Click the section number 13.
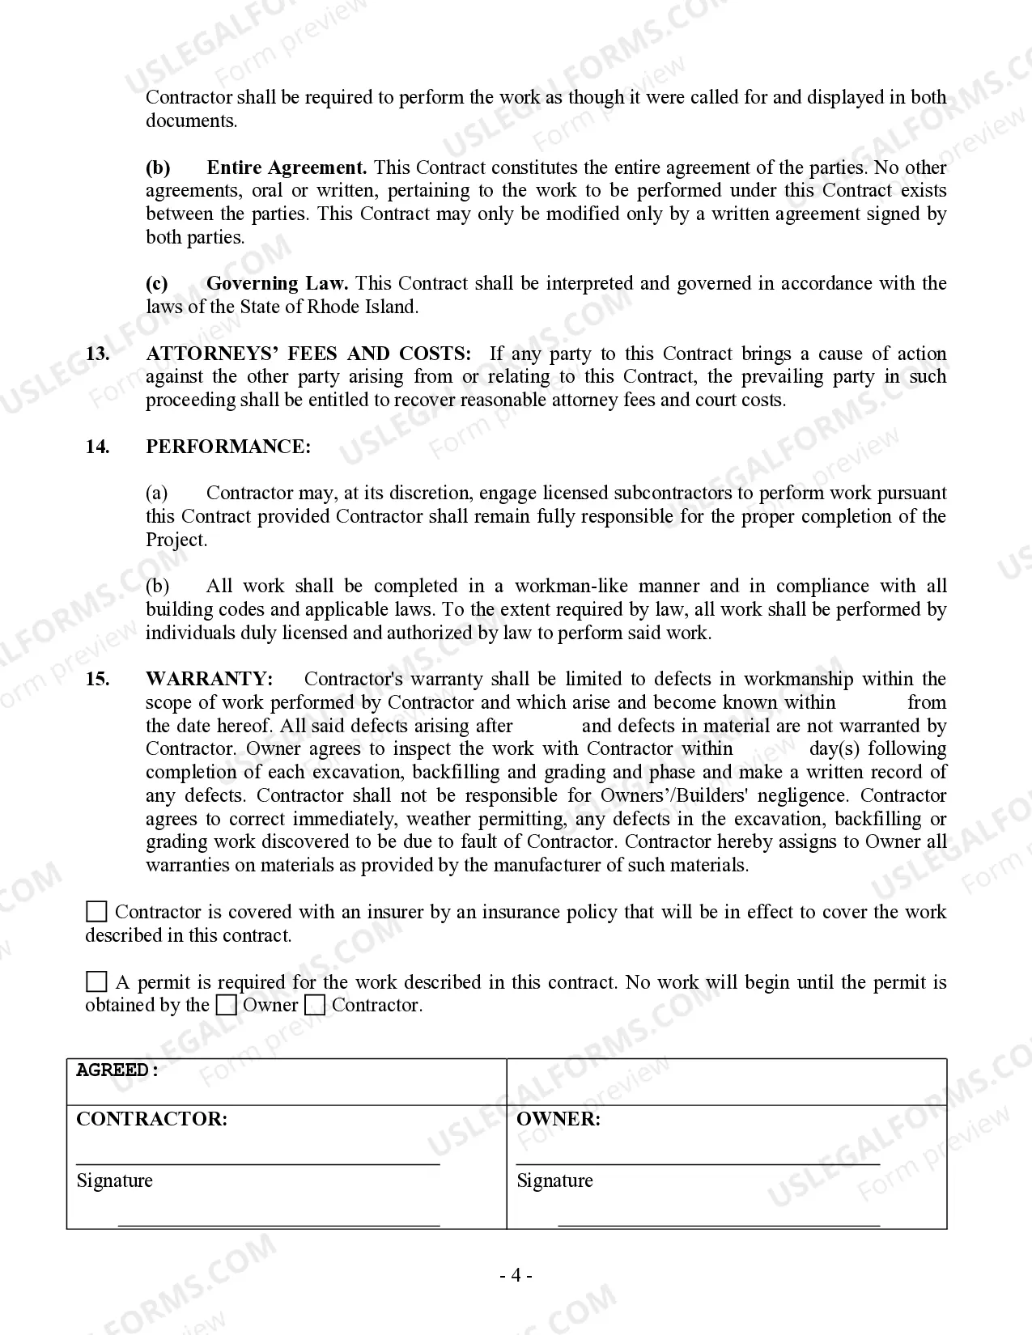point(97,354)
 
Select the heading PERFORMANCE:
point(227,447)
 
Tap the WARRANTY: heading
point(209,679)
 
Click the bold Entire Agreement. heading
point(287,167)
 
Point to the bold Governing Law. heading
point(277,283)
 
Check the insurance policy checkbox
point(96,912)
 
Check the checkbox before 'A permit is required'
point(96,982)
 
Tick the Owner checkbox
point(227,1006)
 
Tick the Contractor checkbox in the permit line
point(316,1006)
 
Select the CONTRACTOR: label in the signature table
point(151,1119)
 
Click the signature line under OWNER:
point(698,1163)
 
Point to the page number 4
point(516,1276)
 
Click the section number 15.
point(97,679)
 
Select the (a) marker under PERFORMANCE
point(157,493)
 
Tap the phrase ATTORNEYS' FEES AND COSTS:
point(308,354)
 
